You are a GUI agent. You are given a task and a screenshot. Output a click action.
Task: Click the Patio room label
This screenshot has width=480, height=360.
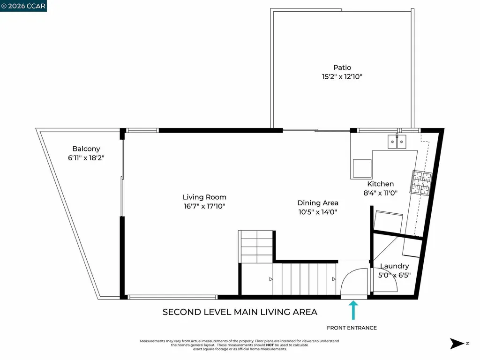click(x=342, y=67)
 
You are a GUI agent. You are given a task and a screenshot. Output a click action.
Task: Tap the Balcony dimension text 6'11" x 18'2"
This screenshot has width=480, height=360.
click(x=86, y=158)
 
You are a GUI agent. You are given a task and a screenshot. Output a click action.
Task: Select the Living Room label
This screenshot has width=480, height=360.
click(x=204, y=197)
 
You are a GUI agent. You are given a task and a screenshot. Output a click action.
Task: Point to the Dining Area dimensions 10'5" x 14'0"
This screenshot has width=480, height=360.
click(x=318, y=212)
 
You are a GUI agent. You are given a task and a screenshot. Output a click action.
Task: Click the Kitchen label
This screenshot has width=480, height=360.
click(x=380, y=184)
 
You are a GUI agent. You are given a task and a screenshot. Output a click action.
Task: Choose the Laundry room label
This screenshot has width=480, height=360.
click(x=394, y=266)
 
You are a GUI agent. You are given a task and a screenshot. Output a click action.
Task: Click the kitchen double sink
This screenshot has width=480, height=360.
click(x=397, y=141)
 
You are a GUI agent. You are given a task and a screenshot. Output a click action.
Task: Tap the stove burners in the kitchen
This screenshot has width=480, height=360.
click(x=421, y=183)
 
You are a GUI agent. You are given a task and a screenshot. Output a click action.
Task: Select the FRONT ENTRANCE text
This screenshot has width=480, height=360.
click(x=352, y=328)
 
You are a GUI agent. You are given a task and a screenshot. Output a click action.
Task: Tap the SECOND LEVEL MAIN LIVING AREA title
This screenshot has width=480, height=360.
click(x=240, y=312)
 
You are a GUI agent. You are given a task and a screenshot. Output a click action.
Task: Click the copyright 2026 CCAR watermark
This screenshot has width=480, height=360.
click(x=23, y=6)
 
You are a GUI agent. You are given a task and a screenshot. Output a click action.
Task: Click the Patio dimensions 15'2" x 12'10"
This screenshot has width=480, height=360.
click(x=342, y=77)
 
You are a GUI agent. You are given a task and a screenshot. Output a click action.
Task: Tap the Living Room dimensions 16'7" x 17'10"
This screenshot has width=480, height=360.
click(x=204, y=206)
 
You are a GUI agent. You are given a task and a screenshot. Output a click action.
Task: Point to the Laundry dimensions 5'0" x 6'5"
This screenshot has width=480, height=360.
click(x=394, y=276)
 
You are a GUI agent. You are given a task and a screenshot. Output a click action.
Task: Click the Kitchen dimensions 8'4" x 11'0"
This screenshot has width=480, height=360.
click(x=380, y=193)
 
